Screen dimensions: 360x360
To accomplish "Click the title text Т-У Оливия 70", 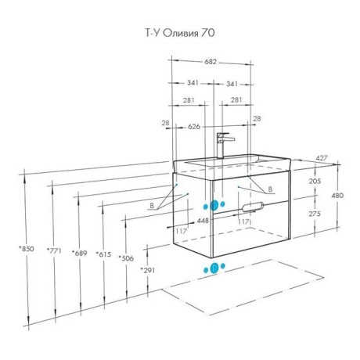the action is pos(180,33).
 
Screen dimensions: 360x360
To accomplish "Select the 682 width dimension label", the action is pos(211,62).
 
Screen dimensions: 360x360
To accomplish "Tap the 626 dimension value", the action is pos(194,127).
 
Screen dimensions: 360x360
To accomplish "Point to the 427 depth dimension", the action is pos(322,158).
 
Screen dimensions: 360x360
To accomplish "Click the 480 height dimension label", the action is pos(337,195).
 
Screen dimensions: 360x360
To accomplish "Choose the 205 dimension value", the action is pos(315,181).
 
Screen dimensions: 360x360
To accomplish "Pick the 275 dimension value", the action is pos(315,214).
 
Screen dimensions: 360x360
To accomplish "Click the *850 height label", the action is pos(27,249).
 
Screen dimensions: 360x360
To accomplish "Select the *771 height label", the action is pos(54,250).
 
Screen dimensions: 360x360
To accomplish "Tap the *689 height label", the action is pos(79,253).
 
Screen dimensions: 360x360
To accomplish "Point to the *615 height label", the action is pos(103,254).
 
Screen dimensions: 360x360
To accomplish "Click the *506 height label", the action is pos(126,258).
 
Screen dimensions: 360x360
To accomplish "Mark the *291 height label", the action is pos(148,270).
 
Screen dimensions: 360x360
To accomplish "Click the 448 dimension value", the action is pos(203,221).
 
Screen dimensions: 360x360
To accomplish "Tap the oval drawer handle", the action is pos(253,207).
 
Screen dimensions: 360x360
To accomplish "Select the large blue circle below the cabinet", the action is pos(214,268).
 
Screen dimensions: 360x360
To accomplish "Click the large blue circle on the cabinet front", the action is pos(214,206).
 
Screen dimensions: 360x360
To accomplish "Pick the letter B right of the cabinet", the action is pos(271,189).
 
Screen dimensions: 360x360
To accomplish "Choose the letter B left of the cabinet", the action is pos(152,206).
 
